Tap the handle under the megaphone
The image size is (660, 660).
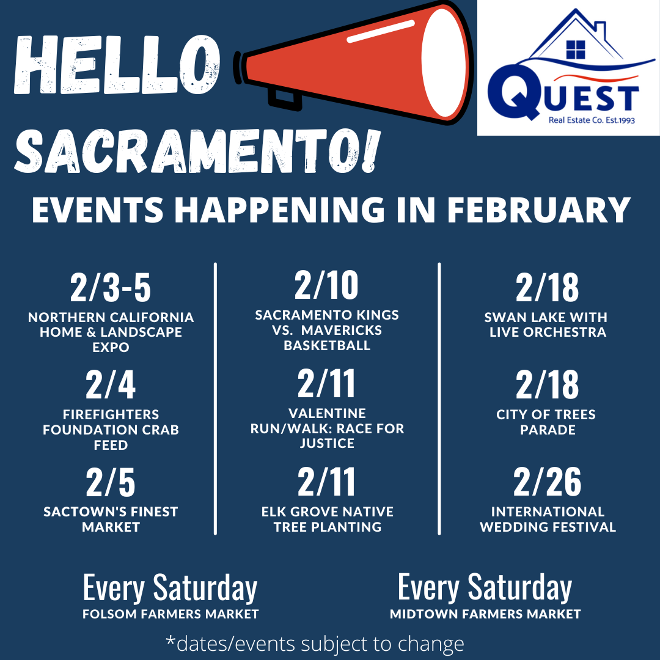284,100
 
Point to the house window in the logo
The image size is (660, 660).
576,50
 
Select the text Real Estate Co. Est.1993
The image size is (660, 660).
592,120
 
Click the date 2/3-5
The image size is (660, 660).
110,287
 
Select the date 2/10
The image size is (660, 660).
326,285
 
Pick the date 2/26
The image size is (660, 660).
547,482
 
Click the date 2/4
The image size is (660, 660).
110,384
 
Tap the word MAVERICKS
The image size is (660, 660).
342,330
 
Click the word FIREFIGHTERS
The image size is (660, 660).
111,414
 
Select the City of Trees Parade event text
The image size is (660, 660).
546,422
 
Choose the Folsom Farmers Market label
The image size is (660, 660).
170,614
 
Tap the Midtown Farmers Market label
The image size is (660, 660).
485,614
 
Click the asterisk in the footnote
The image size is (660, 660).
170,640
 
